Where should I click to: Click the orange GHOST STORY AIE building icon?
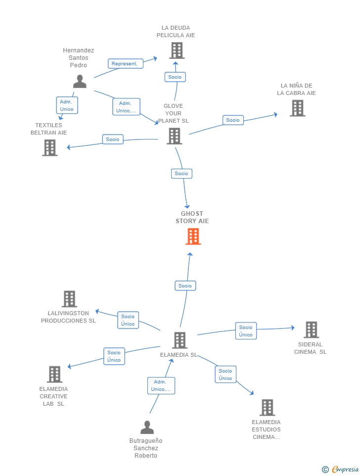click(x=193, y=237)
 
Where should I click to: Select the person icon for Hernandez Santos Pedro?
click(x=80, y=81)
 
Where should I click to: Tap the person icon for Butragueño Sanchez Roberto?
click(x=147, y=427)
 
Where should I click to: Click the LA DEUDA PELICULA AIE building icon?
click(x=176, y=50)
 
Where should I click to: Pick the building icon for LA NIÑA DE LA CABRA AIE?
click(x=297, y=108)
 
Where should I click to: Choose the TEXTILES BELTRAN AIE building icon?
click(x=49, y=147)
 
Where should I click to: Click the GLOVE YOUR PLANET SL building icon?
click(x=174, y=136)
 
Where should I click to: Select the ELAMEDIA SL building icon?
click(x=180, y=340)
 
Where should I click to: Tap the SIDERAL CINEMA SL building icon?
click(x=311, y=330)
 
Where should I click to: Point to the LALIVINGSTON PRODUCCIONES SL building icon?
click(x=69, y=299)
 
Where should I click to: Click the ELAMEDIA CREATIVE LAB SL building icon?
click(x=54, y=375)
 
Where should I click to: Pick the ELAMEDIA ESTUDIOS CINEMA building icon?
click(x=267, y=408)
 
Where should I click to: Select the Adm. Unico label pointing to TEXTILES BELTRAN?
click(x=67, y=105)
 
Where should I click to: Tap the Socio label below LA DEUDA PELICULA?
click(x=175, y=77)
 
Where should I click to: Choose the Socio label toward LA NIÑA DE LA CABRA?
click(x=232, y=120)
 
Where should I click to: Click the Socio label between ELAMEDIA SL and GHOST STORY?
click(x=185, y=285)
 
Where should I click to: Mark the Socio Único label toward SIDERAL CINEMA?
click(x=246, y=331)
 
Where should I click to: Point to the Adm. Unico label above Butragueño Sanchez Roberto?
click(x=161, y=385)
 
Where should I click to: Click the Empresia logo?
click(x=341, y=469)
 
